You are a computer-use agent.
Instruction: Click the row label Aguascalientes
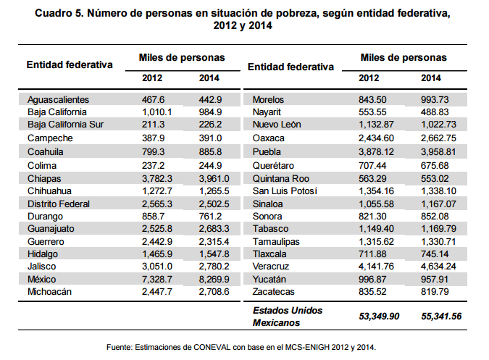point(58,99)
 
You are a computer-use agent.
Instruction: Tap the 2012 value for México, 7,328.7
point(158,279)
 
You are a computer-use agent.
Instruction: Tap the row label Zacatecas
point(274,291)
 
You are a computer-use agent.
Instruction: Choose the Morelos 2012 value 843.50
point(375,99)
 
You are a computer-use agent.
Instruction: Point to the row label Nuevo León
point(277,125)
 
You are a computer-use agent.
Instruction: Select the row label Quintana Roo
point(281,177)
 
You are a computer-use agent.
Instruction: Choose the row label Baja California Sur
point(66,125)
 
